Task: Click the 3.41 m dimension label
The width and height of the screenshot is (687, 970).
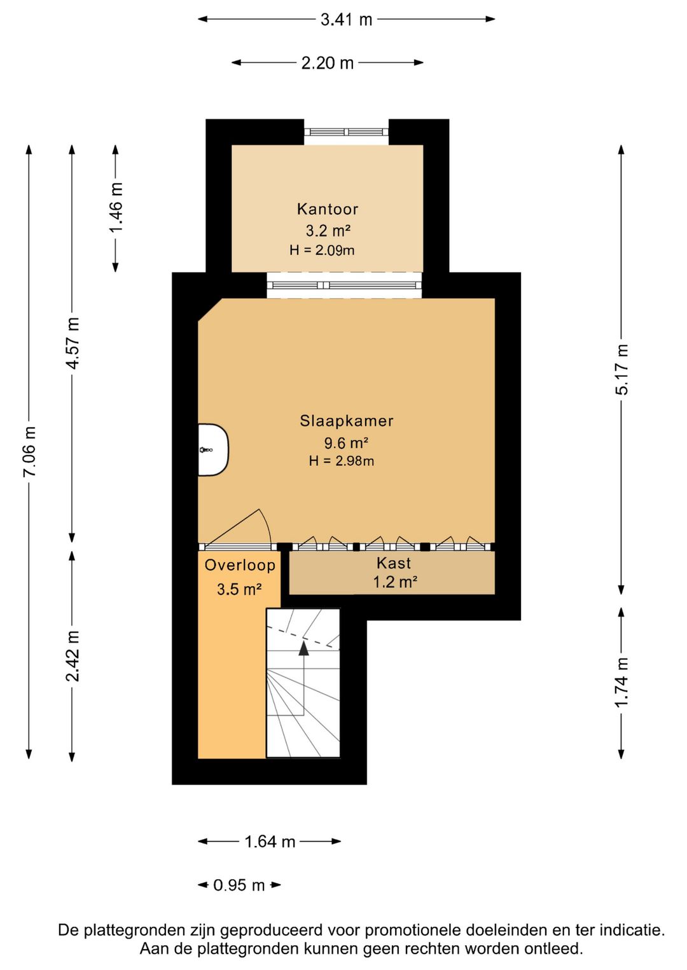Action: point(346,20)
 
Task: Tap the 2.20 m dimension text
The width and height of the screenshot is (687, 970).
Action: point(327,63)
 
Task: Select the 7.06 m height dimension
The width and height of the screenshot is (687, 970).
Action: point(30,451)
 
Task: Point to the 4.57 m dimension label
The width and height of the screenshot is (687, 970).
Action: point(73,343)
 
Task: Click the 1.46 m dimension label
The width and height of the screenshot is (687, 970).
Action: point(116,207)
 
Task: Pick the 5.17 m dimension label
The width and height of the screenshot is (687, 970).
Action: point(621,369)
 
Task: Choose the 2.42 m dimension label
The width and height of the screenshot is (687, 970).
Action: point(73,656)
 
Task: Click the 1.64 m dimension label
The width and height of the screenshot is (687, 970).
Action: point(270,842)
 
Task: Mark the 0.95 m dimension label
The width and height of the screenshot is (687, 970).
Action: point(239,885)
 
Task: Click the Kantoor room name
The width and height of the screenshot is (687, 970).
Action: point(328,209)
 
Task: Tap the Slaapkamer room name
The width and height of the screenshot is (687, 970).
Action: point(347,421)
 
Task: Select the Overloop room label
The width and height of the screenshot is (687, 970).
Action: point(240,566)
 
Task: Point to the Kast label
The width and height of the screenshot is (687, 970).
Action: point(394,563)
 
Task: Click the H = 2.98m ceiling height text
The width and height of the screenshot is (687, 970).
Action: point(341,461)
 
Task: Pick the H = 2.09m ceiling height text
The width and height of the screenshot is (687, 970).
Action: point(322,250)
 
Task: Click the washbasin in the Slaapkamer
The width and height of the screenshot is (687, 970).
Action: point(213,450)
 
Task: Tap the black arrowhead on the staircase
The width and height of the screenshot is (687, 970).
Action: point(304,648)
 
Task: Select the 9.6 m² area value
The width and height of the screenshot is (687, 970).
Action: point(346,443)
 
